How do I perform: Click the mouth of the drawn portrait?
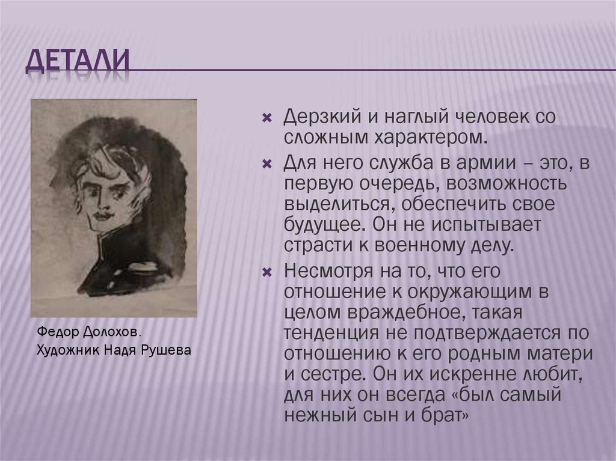pyautogui.click(x=102, y=214)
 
